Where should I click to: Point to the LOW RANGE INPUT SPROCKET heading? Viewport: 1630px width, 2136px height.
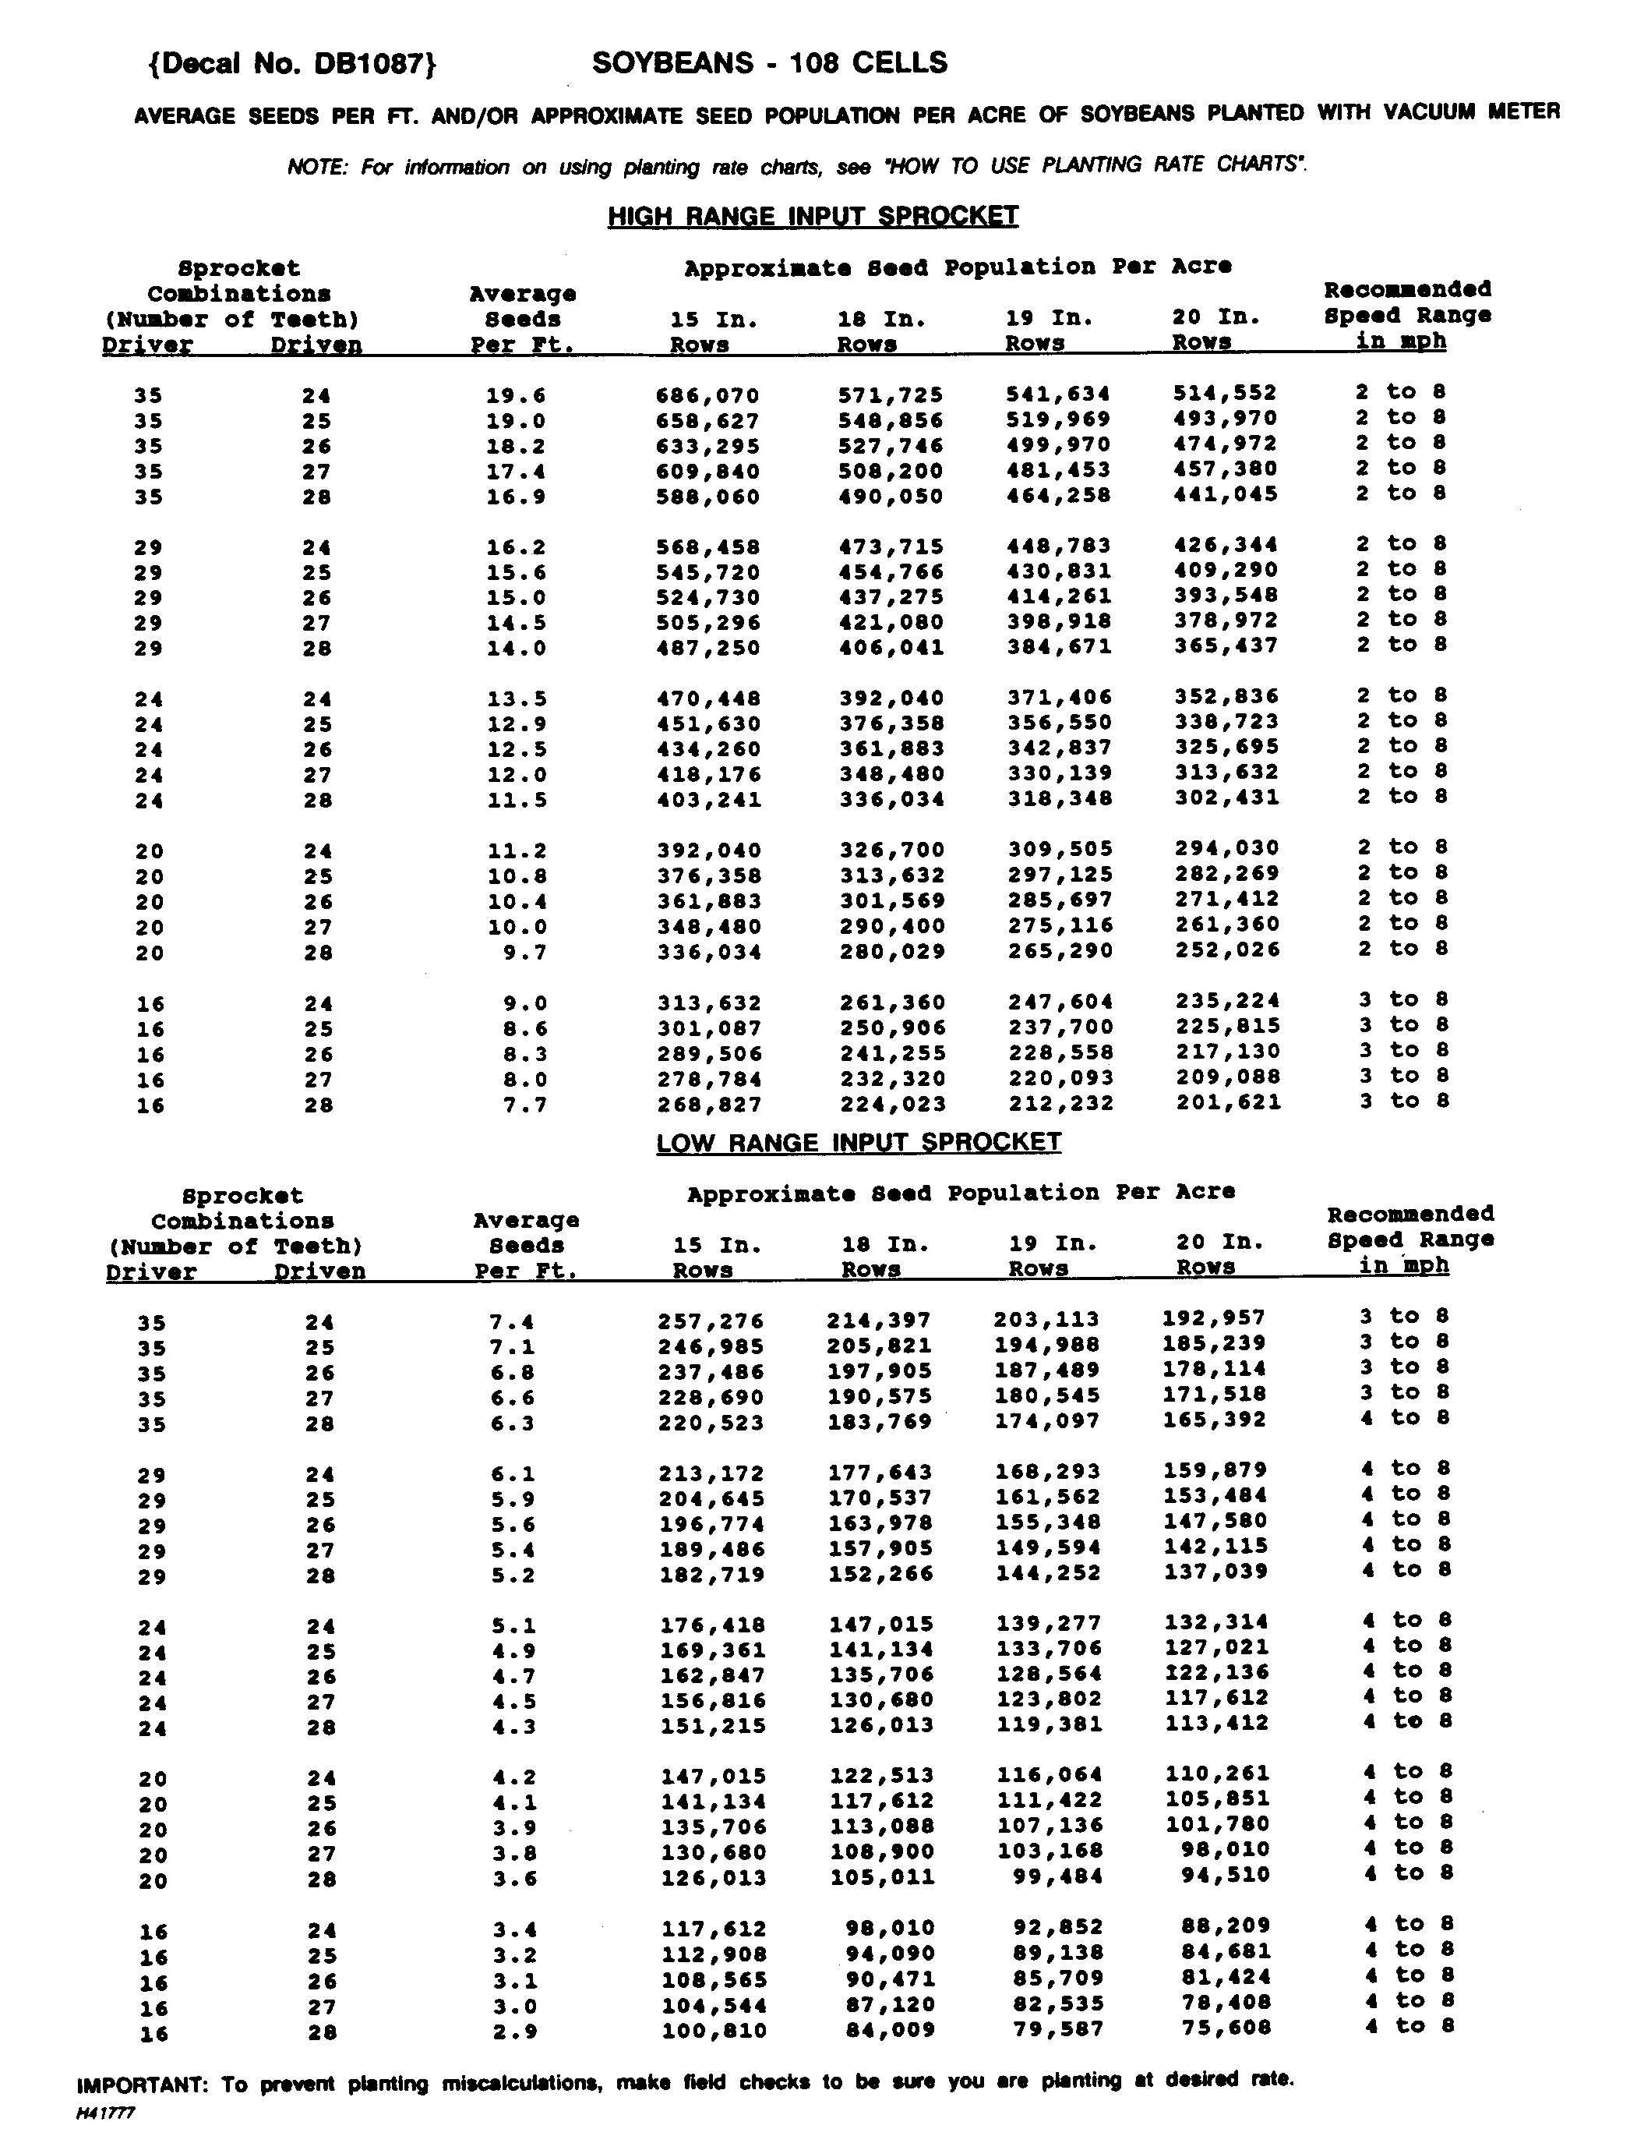point(859,1142)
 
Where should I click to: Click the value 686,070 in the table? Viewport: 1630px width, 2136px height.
point(707,396)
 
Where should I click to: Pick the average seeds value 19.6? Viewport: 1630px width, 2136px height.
point(515,396)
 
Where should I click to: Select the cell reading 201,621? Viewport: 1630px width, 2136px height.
point(1228,1102)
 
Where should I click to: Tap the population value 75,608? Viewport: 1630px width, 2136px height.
point(1226,2028)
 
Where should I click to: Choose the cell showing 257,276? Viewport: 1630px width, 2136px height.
point(711,1321)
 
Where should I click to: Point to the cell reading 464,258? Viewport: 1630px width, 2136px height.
point(1059,495)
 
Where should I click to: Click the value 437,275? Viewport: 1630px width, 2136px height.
point(891,597)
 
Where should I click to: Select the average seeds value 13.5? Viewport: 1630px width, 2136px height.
point(515,698)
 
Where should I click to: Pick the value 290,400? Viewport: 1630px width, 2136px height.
point(891,926)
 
